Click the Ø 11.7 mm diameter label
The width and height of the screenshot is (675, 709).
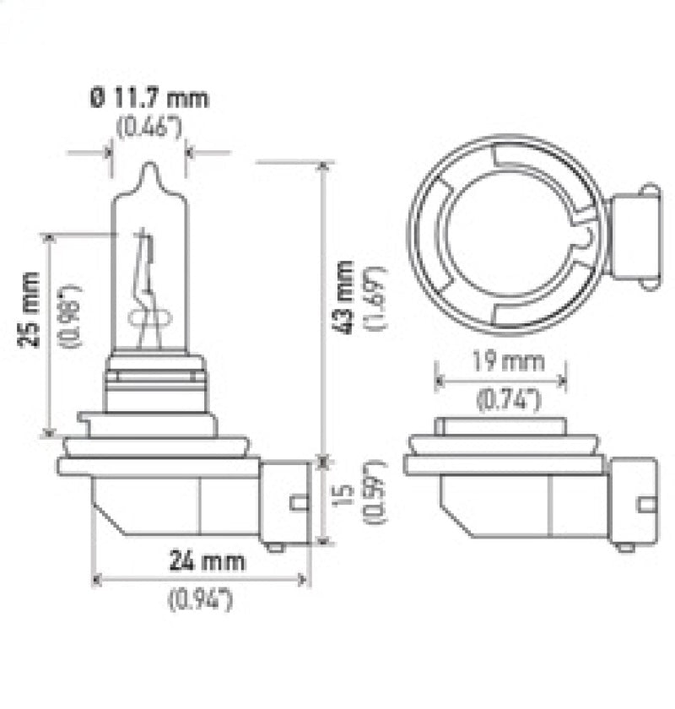point(148,99)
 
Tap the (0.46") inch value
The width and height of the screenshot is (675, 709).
point(148,128)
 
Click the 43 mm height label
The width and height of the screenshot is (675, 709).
point(344,298)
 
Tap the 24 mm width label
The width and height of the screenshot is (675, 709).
point(207,560)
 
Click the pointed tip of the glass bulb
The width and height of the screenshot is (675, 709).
point(149,166)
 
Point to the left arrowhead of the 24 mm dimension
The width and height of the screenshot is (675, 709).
point(94,580)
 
